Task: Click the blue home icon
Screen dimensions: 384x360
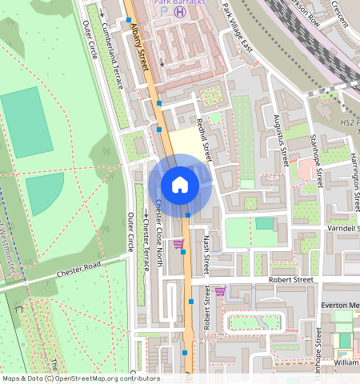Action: click(180, 185)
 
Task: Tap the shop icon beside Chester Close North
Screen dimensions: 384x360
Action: click(178, 243)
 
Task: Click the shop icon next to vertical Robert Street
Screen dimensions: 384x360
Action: click(220, 290)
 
